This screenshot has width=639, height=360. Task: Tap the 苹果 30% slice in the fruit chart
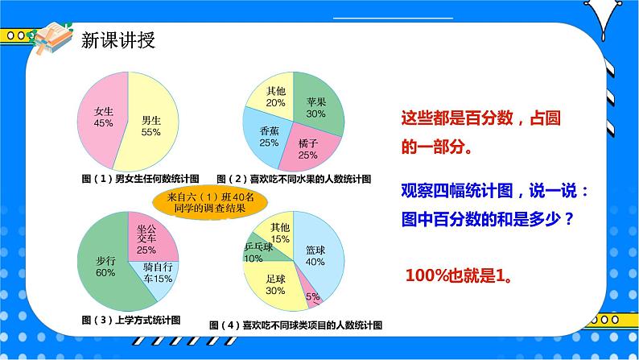(316, 107)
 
